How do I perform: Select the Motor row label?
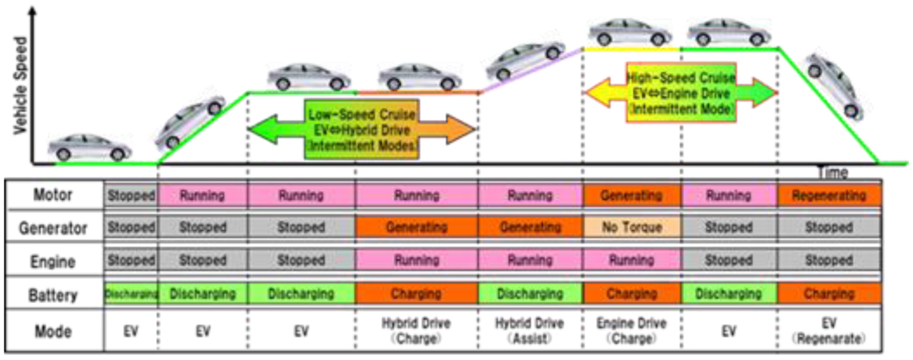coord(54,196)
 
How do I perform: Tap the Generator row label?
coord(54,228)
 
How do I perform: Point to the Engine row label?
coord(54,261)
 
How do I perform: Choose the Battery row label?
coord(54,295)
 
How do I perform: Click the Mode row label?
coord(54,331)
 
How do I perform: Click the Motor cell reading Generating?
coord(632,196)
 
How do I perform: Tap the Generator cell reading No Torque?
coord(632,228)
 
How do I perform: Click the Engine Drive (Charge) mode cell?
coord(632,331)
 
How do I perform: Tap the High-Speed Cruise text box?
coord(680,90)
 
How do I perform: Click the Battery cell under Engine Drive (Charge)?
coord(632,295)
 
